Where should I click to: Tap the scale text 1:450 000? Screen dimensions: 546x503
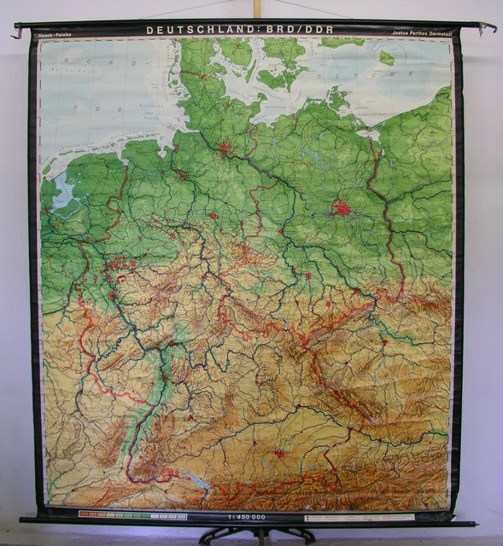[x=248, y=516]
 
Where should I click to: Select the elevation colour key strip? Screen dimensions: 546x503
[x=132, y=515]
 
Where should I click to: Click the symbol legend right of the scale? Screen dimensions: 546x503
[x=359, y=517]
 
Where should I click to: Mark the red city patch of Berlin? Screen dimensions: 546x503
[x=342, y=207]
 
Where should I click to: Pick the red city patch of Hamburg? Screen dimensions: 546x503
[x=225, y=148]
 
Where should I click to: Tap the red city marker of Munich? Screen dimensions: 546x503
[x=279, y=454]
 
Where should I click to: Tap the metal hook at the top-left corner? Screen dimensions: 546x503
[x=16, y=32]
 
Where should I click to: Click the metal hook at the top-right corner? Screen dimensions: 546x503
[x=488, y=28]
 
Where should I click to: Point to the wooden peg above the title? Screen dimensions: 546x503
[x=255, y=9]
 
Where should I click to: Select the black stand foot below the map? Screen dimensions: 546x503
[x=256, y=535]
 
